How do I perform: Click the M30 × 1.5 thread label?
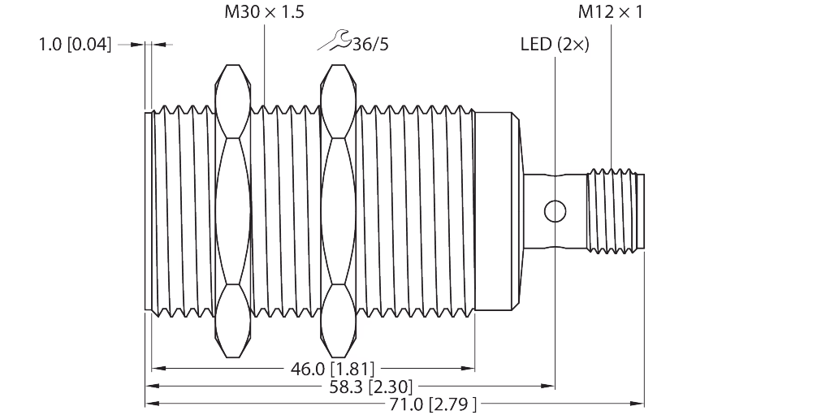tap(263, 12)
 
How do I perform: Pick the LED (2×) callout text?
tap(555, 44)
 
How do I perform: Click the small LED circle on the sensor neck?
tap(555, 210)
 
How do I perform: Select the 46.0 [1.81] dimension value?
tap(331, 369)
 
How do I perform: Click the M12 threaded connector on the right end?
tap(615, 210)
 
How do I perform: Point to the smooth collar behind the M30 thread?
tap(497, 210)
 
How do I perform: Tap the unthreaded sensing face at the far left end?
tap(149, 210)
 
